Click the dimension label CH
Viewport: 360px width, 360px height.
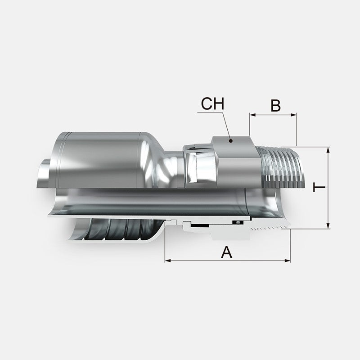(212, 104)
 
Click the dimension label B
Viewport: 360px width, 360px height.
(275, 105)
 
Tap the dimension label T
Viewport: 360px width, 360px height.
(319, 187)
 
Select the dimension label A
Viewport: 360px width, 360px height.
(227, 252)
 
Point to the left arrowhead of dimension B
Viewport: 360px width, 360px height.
(252, 115)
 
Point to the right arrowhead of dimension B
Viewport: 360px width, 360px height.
(294, 115)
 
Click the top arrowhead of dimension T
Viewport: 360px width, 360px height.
(328, 150)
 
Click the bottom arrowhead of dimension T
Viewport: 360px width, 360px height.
(328, 226)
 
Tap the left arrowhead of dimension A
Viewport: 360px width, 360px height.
(168, 261)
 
